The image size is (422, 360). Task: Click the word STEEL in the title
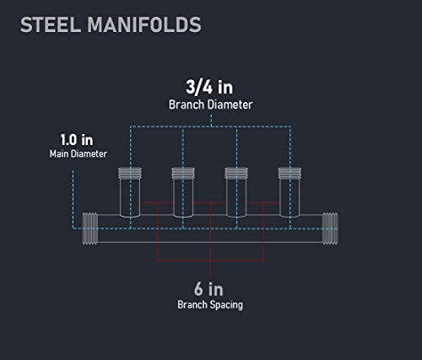pyautogui.click(x=51, y=24)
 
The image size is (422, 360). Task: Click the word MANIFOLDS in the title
pyautogui.click(x=144, y=24)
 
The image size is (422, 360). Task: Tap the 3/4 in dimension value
pyautogui.click(x=209, y=87)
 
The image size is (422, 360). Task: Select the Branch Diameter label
pyautogui.click(x=211, y=105)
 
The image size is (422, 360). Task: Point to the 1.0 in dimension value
pyautogui.click(x=77, y=140)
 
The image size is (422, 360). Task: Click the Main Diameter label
pyautogui.click(x=78, y=153)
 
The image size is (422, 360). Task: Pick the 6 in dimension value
pyautogui.click(x=208, y=289)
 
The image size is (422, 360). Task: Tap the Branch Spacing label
pyautogui.click(x=210, y=304)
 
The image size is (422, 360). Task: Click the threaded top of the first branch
pyautogui.click(x=130, y=173)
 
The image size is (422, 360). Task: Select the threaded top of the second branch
pyautogui.click(x=183, y=173)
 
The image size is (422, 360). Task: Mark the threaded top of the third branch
pyautogui.click(x=236, y=173)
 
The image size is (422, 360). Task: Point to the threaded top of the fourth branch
pyautogui.click(x=289, y=173)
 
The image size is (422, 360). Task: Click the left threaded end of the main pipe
pyautogui.click(x=90, y=228)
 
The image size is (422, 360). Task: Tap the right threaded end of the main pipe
pyautogui.click(x=330, y=228)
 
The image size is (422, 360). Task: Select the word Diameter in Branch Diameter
pyautogui.click(x=230, y=105)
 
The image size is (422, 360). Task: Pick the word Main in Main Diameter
pyautogui.click(x=59, y=153)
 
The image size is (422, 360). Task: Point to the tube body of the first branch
pyautogui.click(x=130, y=198)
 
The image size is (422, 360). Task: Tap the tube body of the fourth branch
pyautogui.click(x=289, y=198)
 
